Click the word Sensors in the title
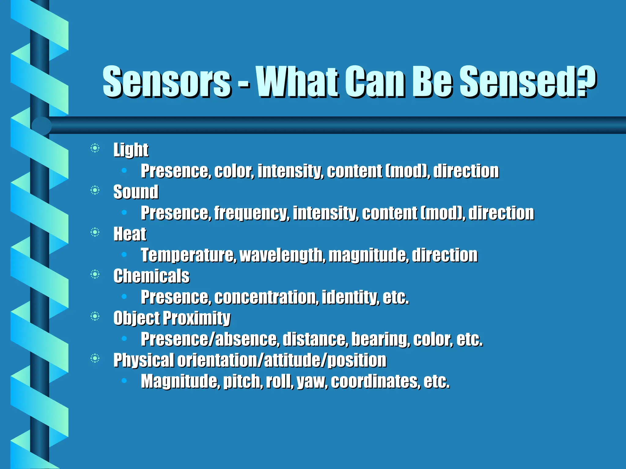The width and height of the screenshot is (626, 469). click(167, 82)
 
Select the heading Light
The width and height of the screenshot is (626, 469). click(131, 150)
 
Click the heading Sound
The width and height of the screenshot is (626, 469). click(136, 192)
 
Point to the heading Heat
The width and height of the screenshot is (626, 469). click(130, 234)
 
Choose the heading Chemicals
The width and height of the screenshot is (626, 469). click(151, 276)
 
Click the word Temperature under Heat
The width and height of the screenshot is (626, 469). click(188, 255)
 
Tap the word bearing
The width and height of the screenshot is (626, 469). click(380, 339)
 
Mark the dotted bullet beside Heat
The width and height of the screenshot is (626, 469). click(95, 233)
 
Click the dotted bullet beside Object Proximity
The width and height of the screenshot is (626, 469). click(95, 317)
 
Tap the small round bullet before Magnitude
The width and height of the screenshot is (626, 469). click(124, 380)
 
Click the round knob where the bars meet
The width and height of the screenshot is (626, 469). click(41, 125)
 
